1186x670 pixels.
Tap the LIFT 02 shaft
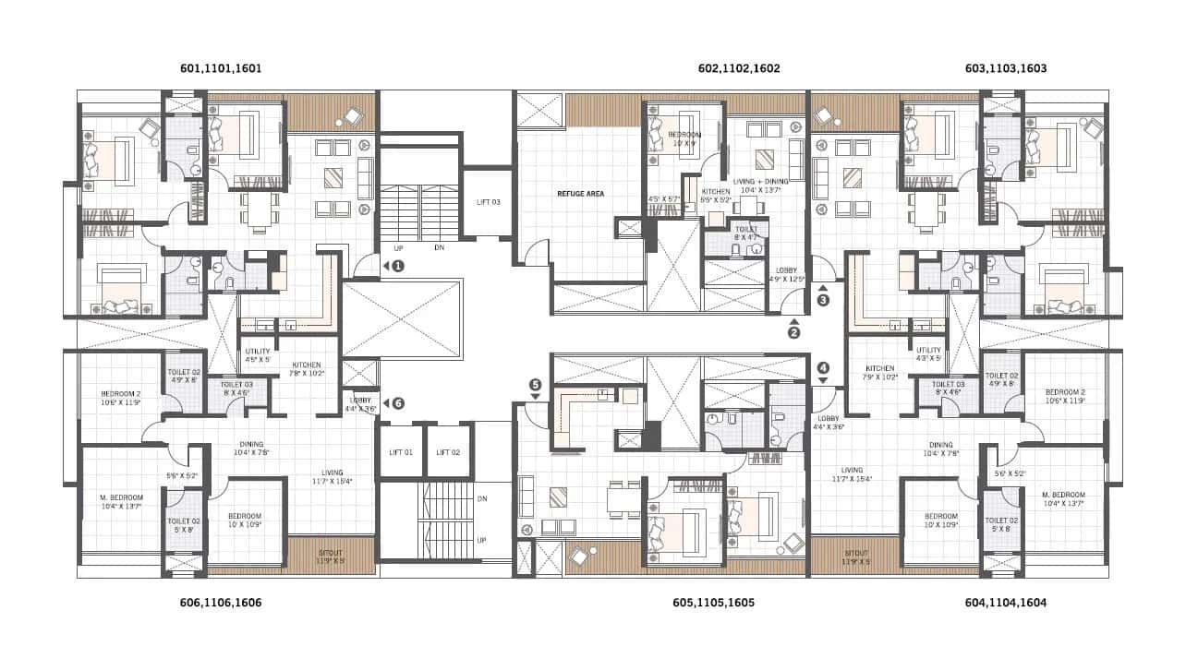[448, 451]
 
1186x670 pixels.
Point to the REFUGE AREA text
[580, 194]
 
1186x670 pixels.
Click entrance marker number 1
[398, 266]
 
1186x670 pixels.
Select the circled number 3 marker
[823, 299]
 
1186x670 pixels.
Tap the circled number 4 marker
[823, 366]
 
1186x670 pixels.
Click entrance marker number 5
[534, 385]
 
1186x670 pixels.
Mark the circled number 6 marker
[397, 403]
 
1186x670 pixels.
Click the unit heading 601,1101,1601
[220, 68]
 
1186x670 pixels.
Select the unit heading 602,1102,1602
[739, 68]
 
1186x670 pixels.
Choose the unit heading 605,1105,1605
[713, 603]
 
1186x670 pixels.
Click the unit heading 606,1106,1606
[220, 603]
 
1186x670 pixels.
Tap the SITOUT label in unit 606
[331, 553]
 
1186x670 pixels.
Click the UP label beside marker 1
[398, 247]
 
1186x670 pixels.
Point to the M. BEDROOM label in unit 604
[1060, 492]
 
